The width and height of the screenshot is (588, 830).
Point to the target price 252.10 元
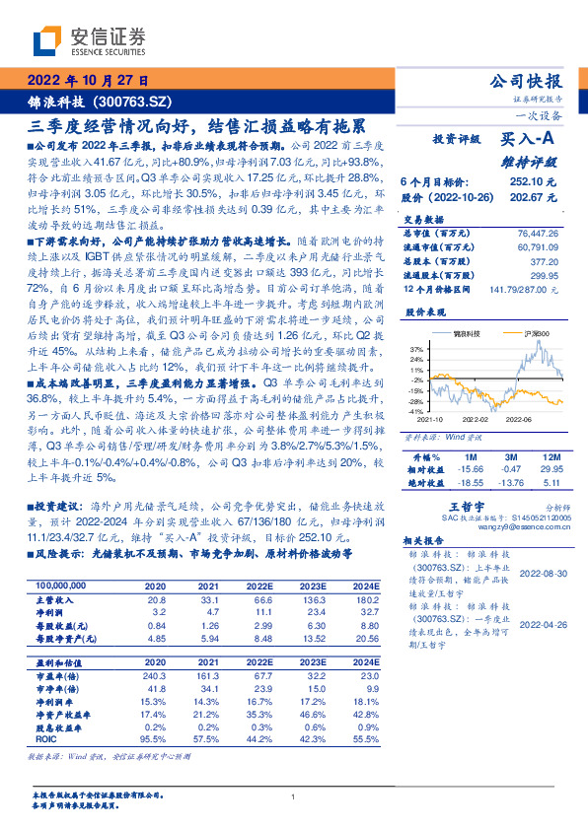pos(534,181)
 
